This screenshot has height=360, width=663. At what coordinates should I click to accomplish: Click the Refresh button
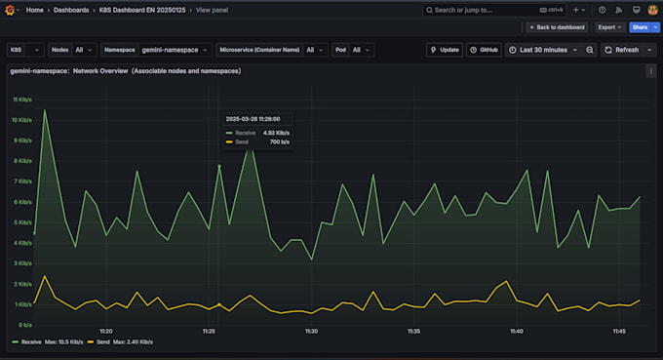pos(626,49)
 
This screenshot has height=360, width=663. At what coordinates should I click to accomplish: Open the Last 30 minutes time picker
pos(542,49)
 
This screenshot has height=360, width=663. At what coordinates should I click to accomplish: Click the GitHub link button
pos(483,49)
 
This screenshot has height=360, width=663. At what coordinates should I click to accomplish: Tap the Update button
pos(444,49)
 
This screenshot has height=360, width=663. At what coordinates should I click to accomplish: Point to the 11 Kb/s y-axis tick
pos(21,100)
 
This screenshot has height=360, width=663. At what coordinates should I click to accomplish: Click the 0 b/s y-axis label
pos(23,324)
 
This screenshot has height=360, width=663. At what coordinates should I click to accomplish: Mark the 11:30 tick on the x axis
pos(311,332)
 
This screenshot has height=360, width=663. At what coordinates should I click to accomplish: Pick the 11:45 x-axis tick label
pos(620,332)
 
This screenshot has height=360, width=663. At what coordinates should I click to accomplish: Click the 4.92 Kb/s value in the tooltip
pos(276,132)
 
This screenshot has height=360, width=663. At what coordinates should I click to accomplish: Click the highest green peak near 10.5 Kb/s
pos(44,110)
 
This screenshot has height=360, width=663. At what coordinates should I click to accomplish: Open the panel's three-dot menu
pos(650,71)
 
